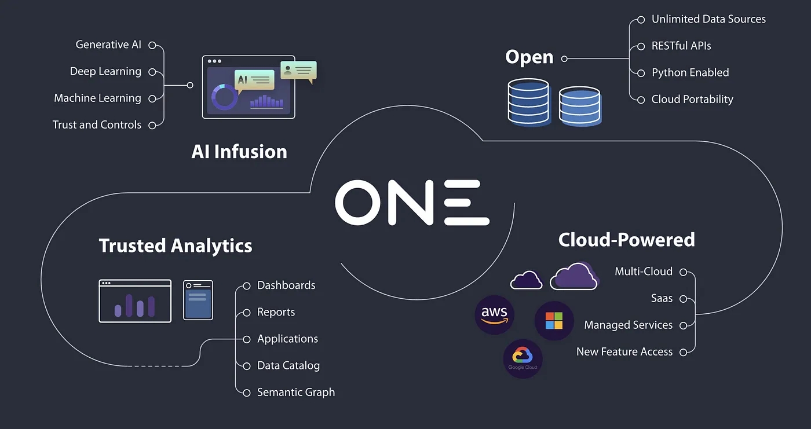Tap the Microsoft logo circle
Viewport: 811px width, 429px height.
554,321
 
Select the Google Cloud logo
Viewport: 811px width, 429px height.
523,358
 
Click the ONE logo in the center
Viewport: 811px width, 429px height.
412,203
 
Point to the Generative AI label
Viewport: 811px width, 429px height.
108,45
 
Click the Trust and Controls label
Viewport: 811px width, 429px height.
97,124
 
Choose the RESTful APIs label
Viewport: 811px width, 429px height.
681,46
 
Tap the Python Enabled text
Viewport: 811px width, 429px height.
690,72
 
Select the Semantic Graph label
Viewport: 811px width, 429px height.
296,392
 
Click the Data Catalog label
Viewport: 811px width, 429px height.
288,365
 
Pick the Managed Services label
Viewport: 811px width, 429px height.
628,325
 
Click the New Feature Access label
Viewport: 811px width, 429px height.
624,351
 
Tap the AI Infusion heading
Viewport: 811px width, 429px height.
239,152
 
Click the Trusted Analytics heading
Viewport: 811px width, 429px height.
176,245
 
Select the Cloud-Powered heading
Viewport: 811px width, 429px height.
626,240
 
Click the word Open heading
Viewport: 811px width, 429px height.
529,57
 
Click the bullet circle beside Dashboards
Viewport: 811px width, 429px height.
246,285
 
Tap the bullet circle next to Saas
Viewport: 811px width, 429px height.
683,299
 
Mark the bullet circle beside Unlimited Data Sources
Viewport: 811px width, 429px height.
641,20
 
